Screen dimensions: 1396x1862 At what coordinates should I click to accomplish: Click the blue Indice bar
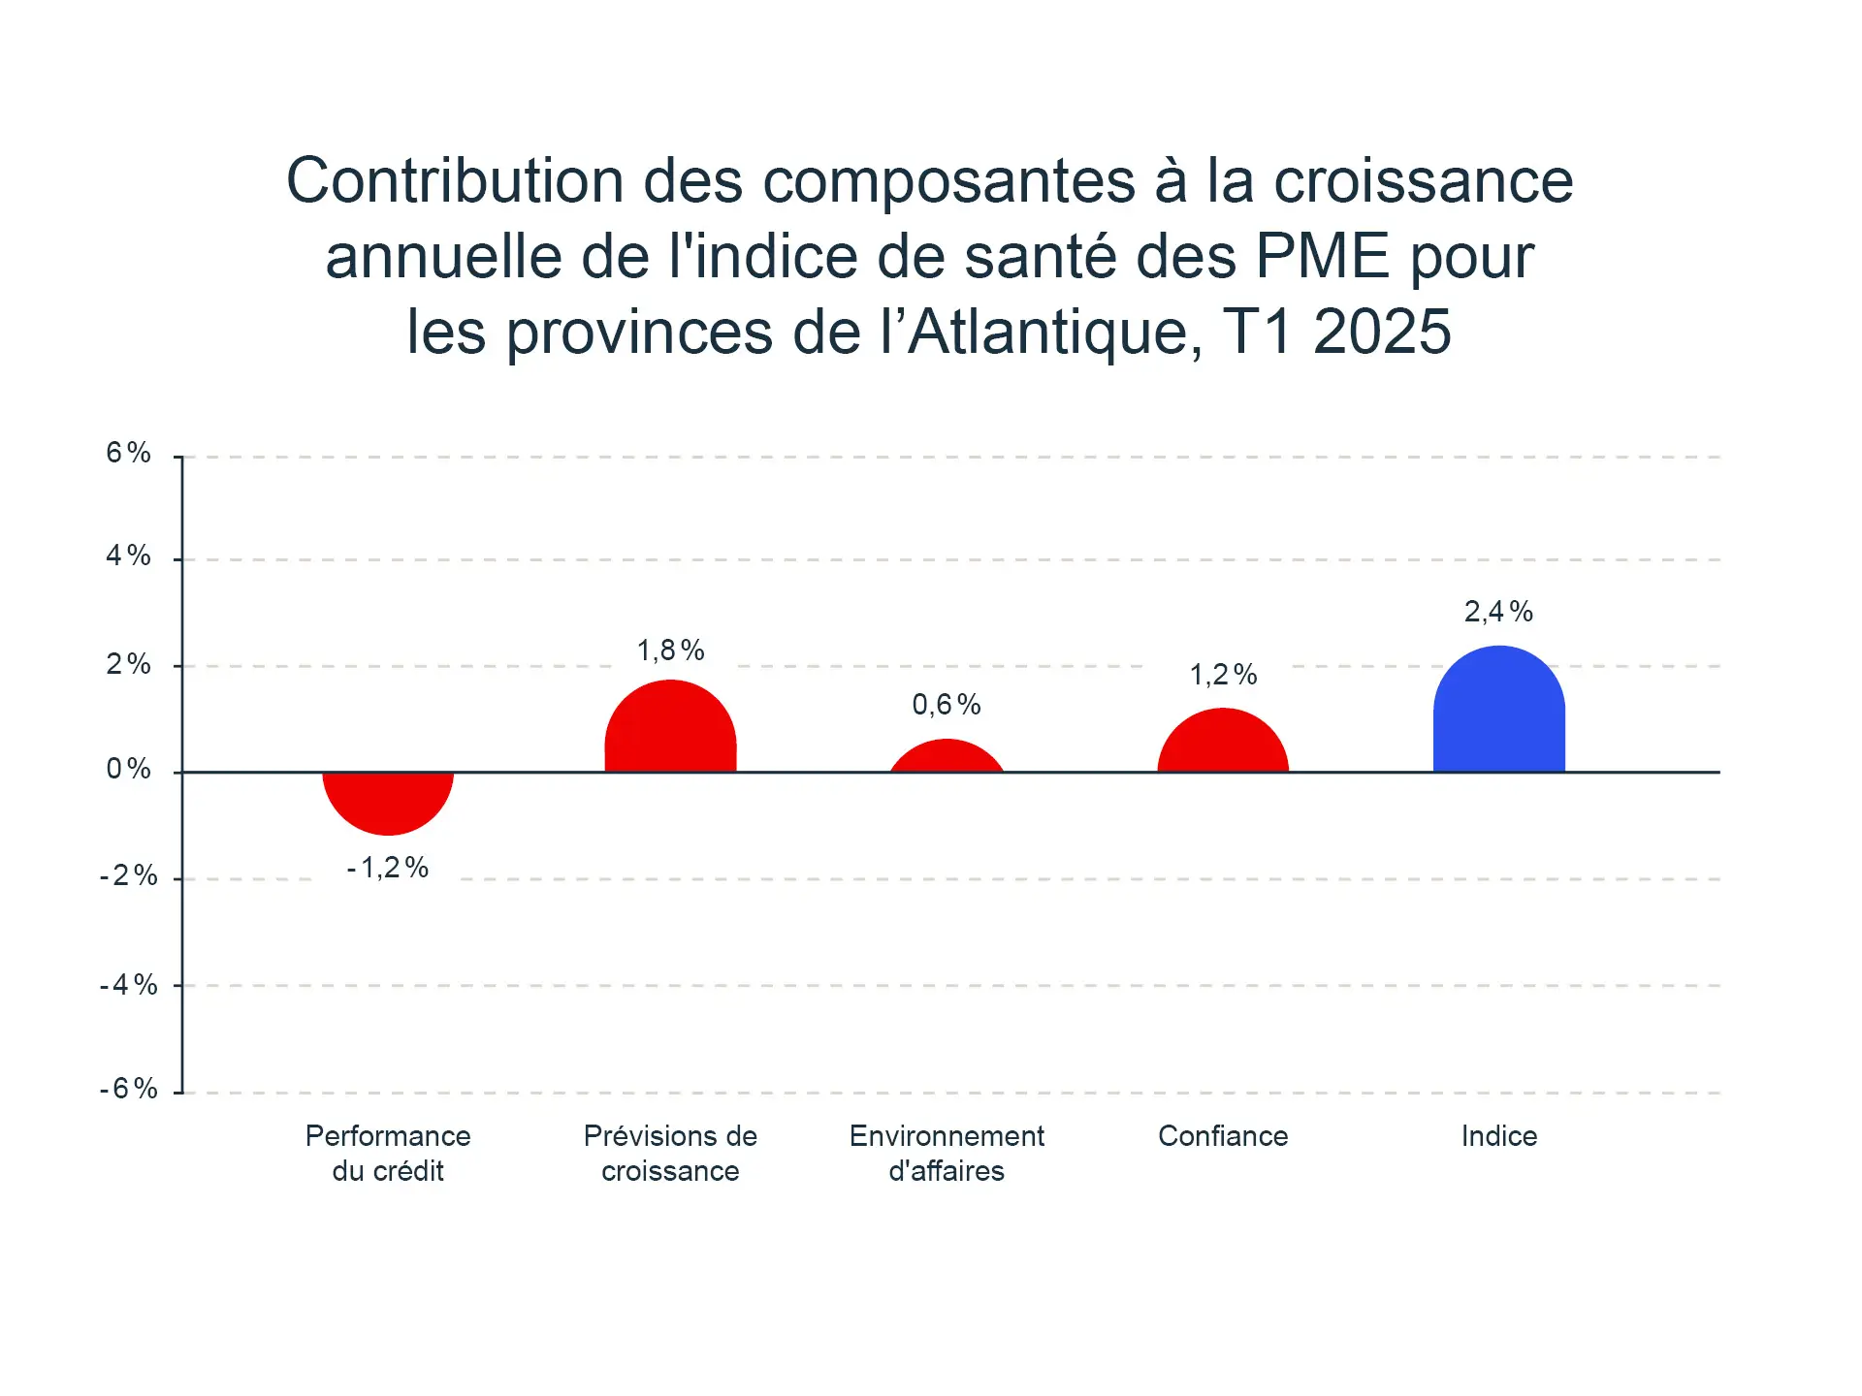1498,713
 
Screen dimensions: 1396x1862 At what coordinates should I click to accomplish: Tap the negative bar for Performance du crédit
388,800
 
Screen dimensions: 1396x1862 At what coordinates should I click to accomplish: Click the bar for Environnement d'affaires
947,758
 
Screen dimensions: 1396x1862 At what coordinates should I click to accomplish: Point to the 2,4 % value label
1498,612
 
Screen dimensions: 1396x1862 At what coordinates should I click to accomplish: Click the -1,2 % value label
388,868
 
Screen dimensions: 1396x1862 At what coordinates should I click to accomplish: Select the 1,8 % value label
670,650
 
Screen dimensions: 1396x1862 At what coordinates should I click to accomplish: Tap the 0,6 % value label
947,705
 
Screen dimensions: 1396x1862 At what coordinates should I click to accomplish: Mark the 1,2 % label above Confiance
1223,675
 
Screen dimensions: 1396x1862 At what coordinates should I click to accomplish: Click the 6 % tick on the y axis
129,453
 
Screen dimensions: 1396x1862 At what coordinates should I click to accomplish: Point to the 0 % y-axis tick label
129,770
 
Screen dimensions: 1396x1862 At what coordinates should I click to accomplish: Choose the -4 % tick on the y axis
129,986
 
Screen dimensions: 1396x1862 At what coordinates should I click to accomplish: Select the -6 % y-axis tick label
129,1089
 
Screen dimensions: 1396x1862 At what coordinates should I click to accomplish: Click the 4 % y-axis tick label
129,555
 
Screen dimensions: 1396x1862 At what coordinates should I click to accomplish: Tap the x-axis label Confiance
1223,1136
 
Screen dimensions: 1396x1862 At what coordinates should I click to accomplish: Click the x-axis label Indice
1498,1136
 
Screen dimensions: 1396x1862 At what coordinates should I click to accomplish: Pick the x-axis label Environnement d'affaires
947,1154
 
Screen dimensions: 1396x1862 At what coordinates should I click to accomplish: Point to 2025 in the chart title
1382,333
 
